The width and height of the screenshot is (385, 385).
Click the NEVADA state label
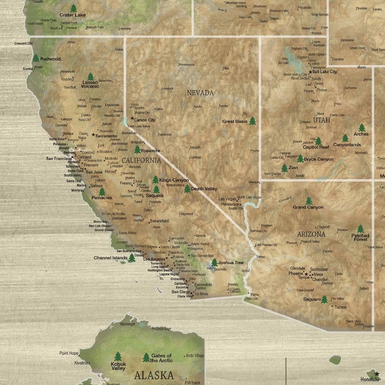[x=200, y=93]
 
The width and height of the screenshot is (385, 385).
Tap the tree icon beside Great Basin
[x=252, y=121]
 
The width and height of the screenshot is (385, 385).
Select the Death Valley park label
[x=204, y=188]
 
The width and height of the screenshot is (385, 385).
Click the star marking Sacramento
[x=93, y=135]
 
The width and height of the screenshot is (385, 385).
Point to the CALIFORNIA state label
[x=141, y=160]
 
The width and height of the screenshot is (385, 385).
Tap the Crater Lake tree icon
[x=73, y=9]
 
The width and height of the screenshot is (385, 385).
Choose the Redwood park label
[x=50, y=59]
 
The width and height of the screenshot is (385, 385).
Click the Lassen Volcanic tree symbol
[x=90, y=76]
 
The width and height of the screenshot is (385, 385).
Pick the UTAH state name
[x=322, y=120]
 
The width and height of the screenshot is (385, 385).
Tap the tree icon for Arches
[x=362, y=128]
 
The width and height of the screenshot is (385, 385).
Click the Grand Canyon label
[x=308, y=207]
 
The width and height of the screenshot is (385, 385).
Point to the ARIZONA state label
[x=311, y=234]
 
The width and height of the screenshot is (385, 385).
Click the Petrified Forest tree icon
[x=360, y=229]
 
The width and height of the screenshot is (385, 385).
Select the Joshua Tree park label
[x=231, y=263]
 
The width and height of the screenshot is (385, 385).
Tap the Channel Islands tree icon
[x=132, y=258]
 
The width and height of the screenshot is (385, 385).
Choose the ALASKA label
[x=153, y=374]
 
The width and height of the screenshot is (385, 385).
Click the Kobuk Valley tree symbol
[x=118, y=356]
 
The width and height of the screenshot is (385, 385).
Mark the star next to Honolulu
[x=377, y=374]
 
